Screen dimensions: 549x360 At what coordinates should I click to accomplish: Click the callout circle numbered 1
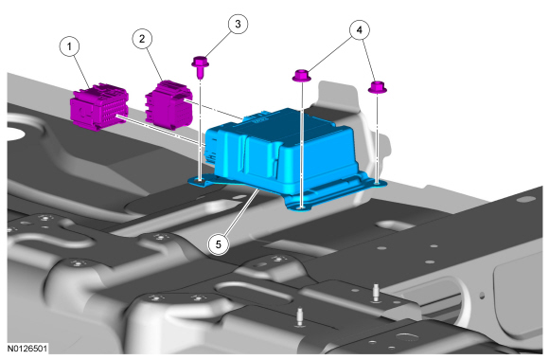point(69,46)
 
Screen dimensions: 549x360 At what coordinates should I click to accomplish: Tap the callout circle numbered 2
point(142,39)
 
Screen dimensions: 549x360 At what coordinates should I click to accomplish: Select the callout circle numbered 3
point(239,24)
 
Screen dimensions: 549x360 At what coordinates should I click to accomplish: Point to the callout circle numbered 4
point(360,30)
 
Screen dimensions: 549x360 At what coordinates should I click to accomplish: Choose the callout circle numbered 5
point(218,244)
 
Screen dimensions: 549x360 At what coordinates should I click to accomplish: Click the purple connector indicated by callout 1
point(99,106)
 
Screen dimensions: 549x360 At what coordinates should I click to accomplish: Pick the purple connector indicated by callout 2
point(168,104)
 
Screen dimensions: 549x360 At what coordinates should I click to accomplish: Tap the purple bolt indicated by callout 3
point(201,66)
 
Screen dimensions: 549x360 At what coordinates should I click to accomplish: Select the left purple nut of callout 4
point(301,76)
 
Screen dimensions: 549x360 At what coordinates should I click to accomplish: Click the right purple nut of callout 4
point(378,87)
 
